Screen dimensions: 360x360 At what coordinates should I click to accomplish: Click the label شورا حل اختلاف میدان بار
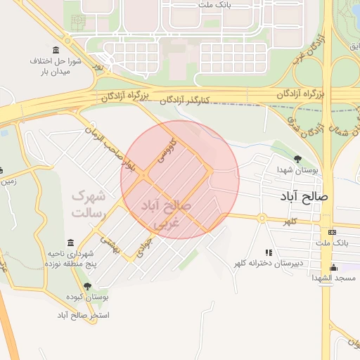(56, 67)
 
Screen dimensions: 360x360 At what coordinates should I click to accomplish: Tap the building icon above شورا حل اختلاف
(56, 50)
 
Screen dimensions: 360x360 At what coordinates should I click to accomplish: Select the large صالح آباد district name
(303, 198)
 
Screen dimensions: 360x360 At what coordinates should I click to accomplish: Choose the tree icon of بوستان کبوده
(86, 286)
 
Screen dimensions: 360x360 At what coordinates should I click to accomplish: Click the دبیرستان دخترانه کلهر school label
(269, 263)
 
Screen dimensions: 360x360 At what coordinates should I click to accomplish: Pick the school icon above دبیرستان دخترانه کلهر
(268, 252)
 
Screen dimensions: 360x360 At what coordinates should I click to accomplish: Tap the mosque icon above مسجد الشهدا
(333, 267)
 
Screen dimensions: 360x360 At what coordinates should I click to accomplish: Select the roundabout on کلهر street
(262, 219)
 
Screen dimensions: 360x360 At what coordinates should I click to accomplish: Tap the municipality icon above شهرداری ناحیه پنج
(70, 242)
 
